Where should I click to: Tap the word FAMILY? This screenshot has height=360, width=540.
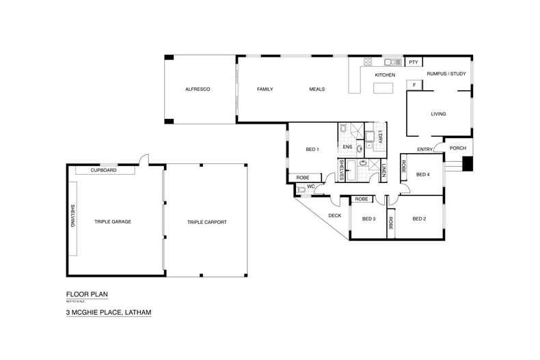point(265,89)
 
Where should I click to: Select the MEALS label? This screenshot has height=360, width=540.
point(316,89)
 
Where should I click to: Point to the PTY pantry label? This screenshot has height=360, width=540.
point(413,62)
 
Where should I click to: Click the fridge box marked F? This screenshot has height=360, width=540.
point(413,85)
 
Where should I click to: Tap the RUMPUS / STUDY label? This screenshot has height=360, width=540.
point(446,74)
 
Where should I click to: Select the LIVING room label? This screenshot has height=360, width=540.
point(438,113)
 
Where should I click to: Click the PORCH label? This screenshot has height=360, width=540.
point(457,148)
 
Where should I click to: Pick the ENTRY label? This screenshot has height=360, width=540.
point(424,150)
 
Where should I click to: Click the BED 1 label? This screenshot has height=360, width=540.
point(311,150)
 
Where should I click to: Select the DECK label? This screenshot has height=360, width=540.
point(334,216)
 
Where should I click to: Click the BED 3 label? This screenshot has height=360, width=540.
point(369,219)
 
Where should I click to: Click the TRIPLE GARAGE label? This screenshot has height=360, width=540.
point(113,222)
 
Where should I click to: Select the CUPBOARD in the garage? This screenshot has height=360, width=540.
point(104,170)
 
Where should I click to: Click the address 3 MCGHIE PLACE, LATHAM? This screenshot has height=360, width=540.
point(108,312)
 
